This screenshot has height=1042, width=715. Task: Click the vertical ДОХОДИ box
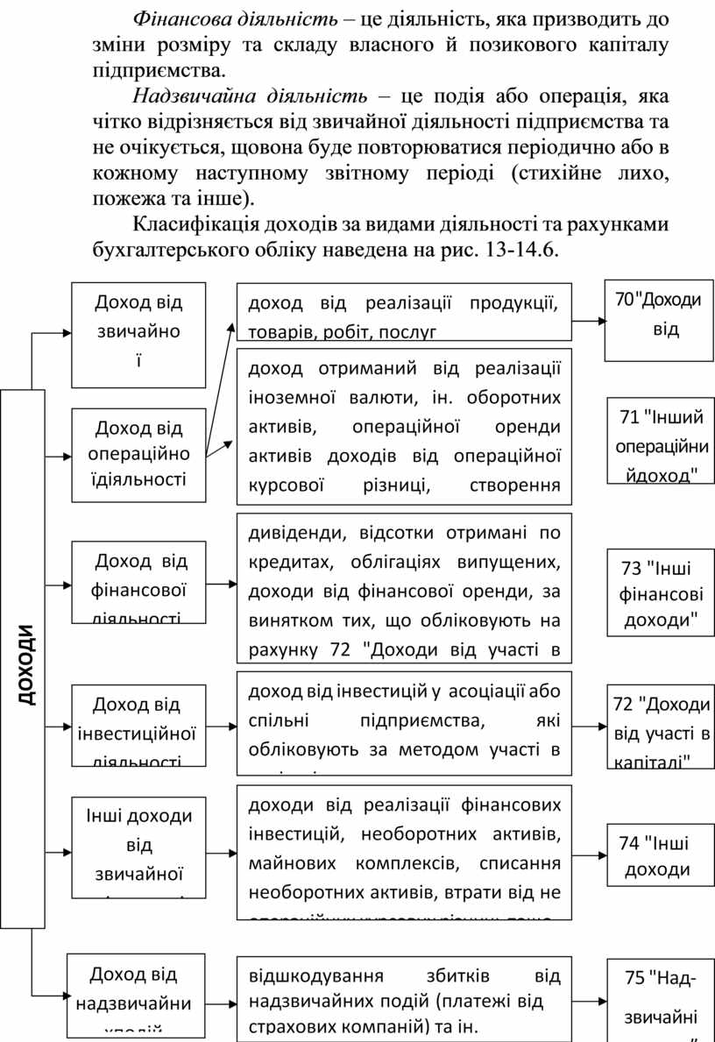(x=23, y=658)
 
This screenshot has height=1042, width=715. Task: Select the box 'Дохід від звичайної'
(x=138, y=334)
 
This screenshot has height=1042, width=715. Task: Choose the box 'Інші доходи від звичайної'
(x=138, y=847)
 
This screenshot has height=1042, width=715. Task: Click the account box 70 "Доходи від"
(x=658, y=320)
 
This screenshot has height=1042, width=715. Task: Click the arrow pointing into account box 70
(x=589, y=322)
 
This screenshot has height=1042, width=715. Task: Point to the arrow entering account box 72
(x=589, y=726)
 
